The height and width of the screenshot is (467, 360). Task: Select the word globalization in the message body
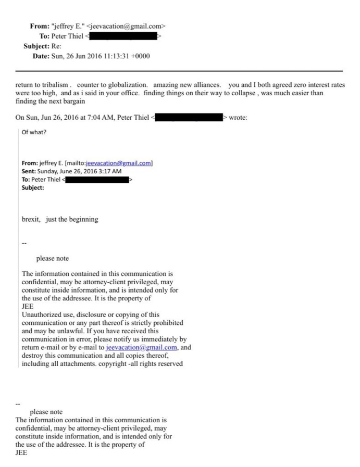click(121, 85)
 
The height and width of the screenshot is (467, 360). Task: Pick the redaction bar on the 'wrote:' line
click(189, 118)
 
